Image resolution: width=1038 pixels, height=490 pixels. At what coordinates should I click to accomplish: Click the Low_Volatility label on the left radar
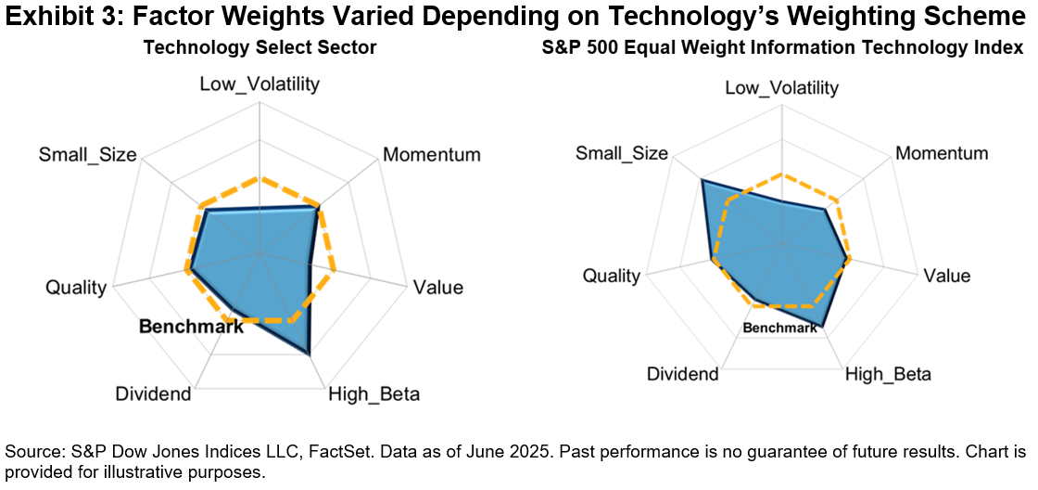(259, 84)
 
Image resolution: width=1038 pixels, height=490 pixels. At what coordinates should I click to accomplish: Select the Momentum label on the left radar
(431, 154)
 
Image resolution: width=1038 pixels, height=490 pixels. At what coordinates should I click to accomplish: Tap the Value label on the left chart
(437, 288)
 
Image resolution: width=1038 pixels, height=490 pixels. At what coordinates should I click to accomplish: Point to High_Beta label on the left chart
(373, 394)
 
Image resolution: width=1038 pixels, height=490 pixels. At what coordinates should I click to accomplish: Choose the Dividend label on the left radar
(153, 394)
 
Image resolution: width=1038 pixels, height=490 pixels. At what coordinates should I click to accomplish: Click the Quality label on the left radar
(76, 288)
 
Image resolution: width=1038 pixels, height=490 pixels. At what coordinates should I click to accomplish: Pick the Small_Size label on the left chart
(87, 154)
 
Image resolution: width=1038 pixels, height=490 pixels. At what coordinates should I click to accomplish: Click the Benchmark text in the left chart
(191, 327)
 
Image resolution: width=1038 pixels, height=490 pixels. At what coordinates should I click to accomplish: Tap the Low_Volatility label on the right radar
(781, 88)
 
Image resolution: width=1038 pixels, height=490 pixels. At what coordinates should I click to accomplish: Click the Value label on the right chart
(946, 276)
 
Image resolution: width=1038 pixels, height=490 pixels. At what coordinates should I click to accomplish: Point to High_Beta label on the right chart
(888, 375)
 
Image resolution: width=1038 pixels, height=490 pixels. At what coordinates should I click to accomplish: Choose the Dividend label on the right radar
(682, 375)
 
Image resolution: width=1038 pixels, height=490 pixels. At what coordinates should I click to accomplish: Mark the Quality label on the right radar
(611, 276)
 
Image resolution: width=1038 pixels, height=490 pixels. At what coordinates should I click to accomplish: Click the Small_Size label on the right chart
(621, 153)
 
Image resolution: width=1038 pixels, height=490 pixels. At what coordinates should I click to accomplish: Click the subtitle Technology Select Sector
(259, 48)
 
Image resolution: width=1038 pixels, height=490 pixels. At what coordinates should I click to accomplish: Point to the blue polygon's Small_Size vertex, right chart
(702, 180)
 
